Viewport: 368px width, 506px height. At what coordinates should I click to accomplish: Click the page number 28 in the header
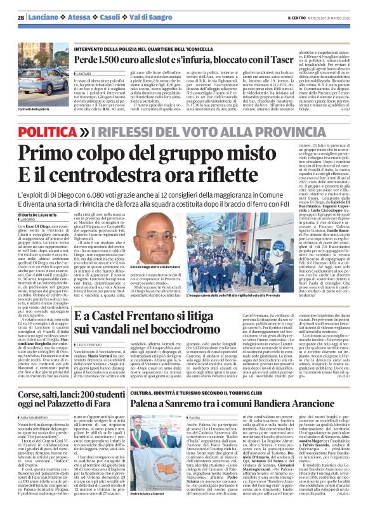click(21, 18)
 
